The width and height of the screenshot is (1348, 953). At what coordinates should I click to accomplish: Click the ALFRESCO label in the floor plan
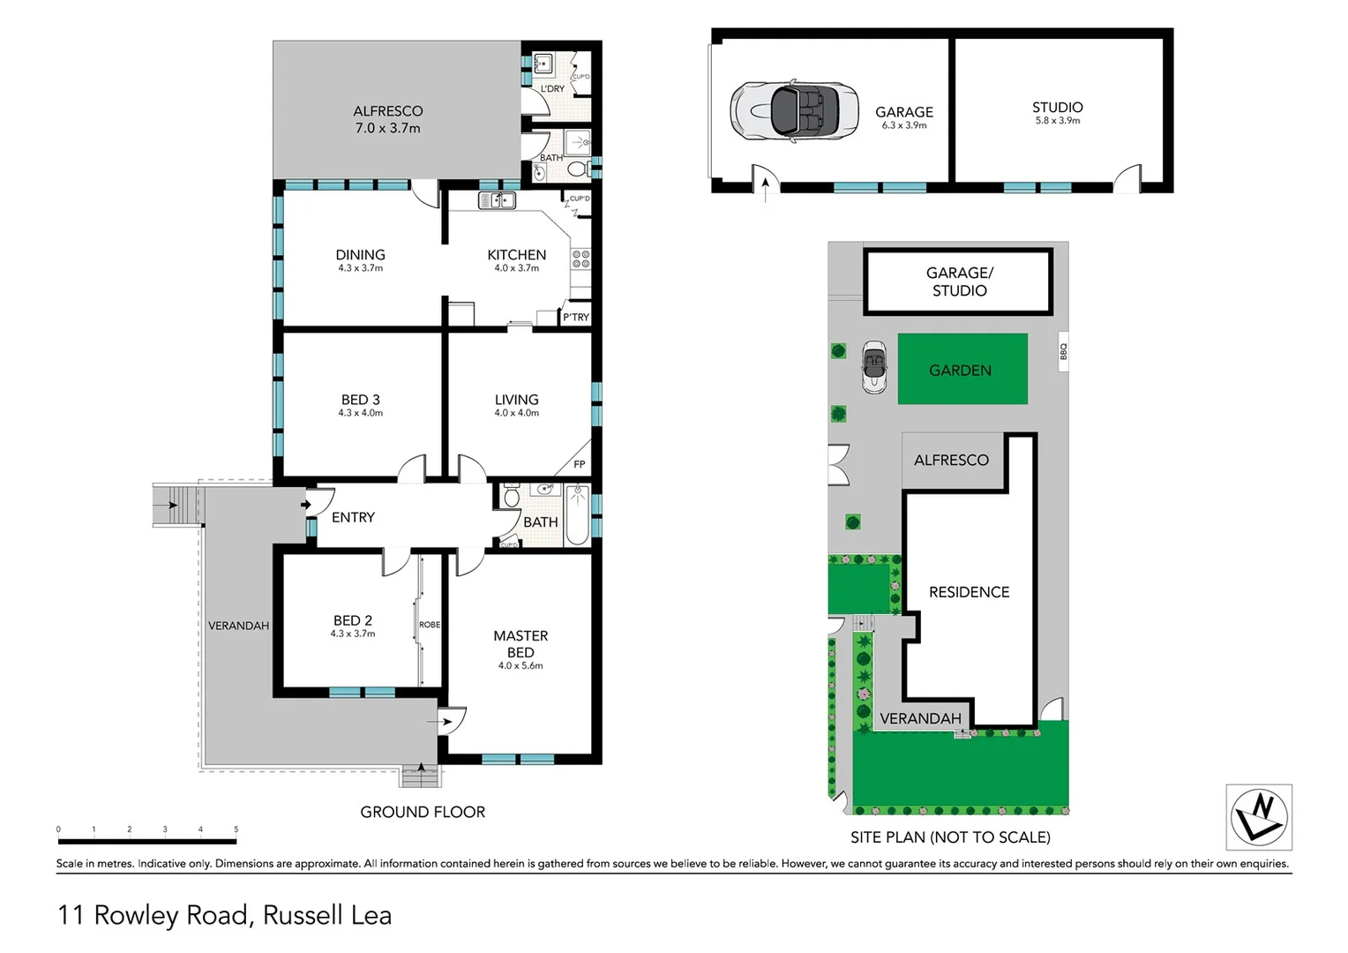[x=387, y=111]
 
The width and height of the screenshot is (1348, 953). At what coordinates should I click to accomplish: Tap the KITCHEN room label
[x=516, y=255]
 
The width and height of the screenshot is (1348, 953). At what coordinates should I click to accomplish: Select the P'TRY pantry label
[x=575, y=318]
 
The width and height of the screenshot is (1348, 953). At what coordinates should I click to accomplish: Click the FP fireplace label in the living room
[x=579, y=464]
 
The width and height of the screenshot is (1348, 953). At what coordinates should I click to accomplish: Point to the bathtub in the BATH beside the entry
[x=577, y=515]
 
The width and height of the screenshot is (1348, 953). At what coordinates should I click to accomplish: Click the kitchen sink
[x=497, y=201]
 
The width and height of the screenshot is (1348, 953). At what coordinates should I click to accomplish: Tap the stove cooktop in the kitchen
[x=580, y=259]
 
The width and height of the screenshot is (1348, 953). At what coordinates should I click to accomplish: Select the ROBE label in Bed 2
[x=430, y=625]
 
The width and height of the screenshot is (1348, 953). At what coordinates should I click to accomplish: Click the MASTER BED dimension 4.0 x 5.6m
[x=520, y=666]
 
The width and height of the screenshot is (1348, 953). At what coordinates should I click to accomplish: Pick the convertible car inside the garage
[x=794, y=110]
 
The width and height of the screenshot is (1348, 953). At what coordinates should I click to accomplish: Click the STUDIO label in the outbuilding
[x=1057, y=108]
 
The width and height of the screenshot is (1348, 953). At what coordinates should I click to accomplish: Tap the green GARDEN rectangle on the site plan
[x=962, y=370]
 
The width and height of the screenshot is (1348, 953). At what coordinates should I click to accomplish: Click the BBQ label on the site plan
[x=1063, y=351]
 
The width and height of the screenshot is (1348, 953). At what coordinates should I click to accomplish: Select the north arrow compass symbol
[x=1259, y=817]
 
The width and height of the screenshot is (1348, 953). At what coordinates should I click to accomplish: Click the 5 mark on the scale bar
[x=236, y=829]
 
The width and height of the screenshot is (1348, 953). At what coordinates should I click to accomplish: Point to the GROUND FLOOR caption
[x=423, y=812]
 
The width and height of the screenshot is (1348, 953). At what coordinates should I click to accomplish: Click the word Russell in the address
[x=303, y=915]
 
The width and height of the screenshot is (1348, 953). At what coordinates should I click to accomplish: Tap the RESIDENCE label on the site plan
[x=969, y=592]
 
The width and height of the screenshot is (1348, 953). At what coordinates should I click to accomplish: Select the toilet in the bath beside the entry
[x=511, y=497]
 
